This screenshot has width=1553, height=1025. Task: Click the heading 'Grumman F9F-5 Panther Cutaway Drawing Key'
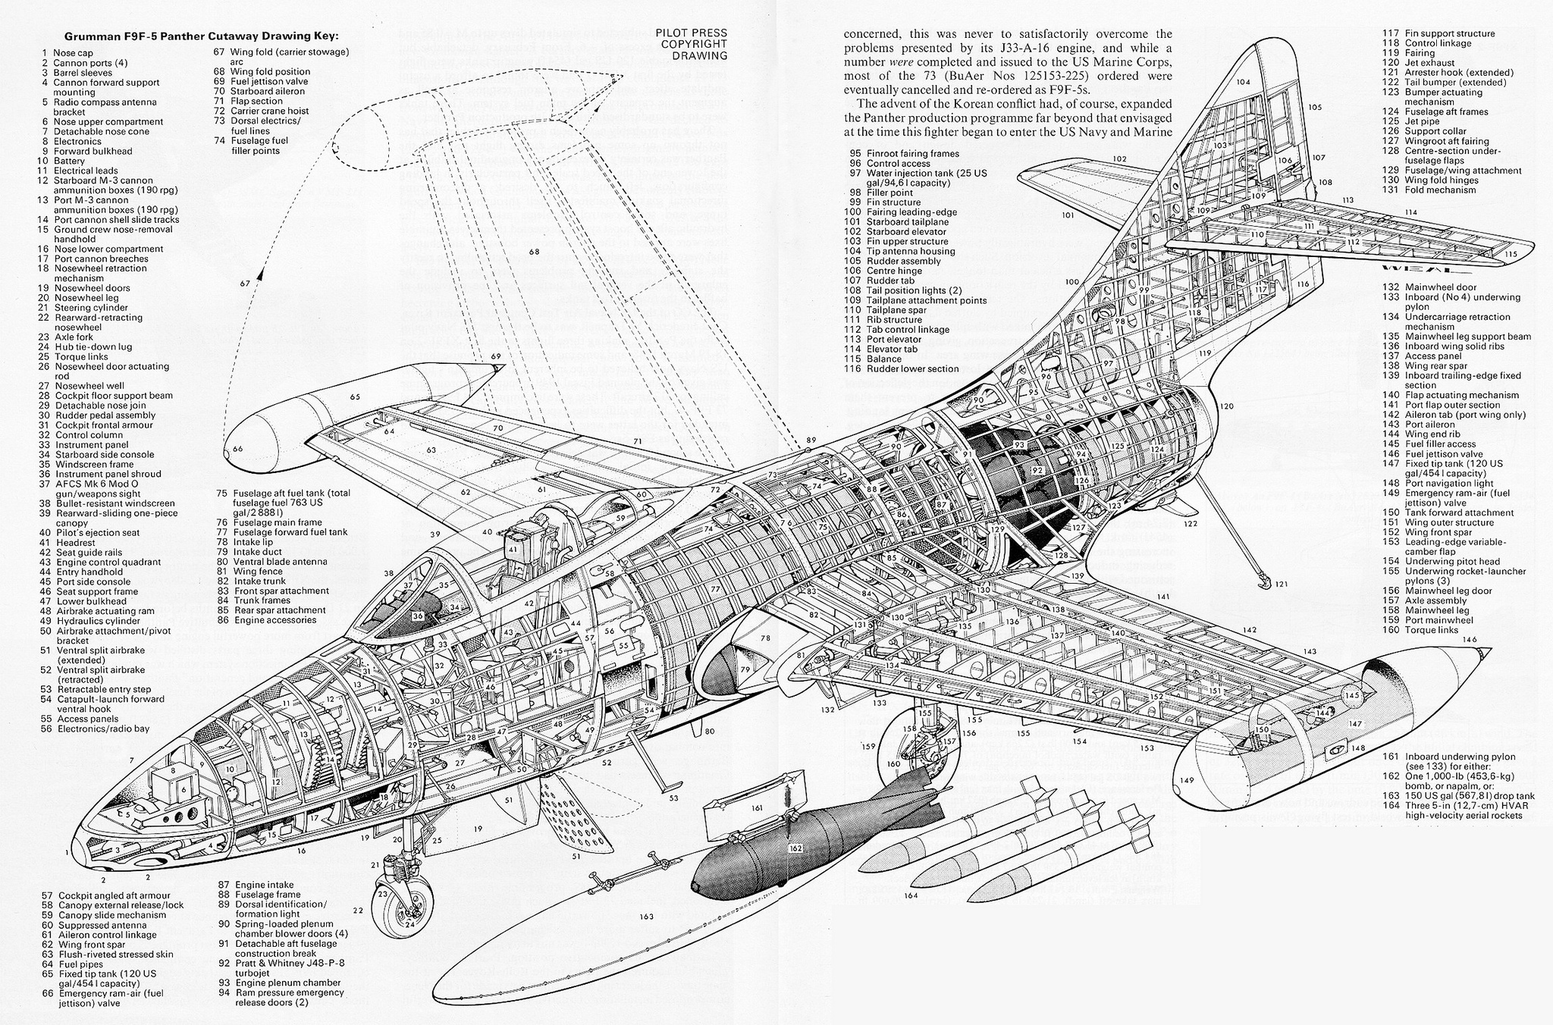pos(201,36)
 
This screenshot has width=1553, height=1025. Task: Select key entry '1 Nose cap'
pos(68,53)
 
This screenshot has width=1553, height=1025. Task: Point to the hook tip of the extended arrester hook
pos(1263,585)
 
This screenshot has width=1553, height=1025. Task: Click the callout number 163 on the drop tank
pos(646,917)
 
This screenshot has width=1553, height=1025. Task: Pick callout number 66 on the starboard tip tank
pos(237,449)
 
